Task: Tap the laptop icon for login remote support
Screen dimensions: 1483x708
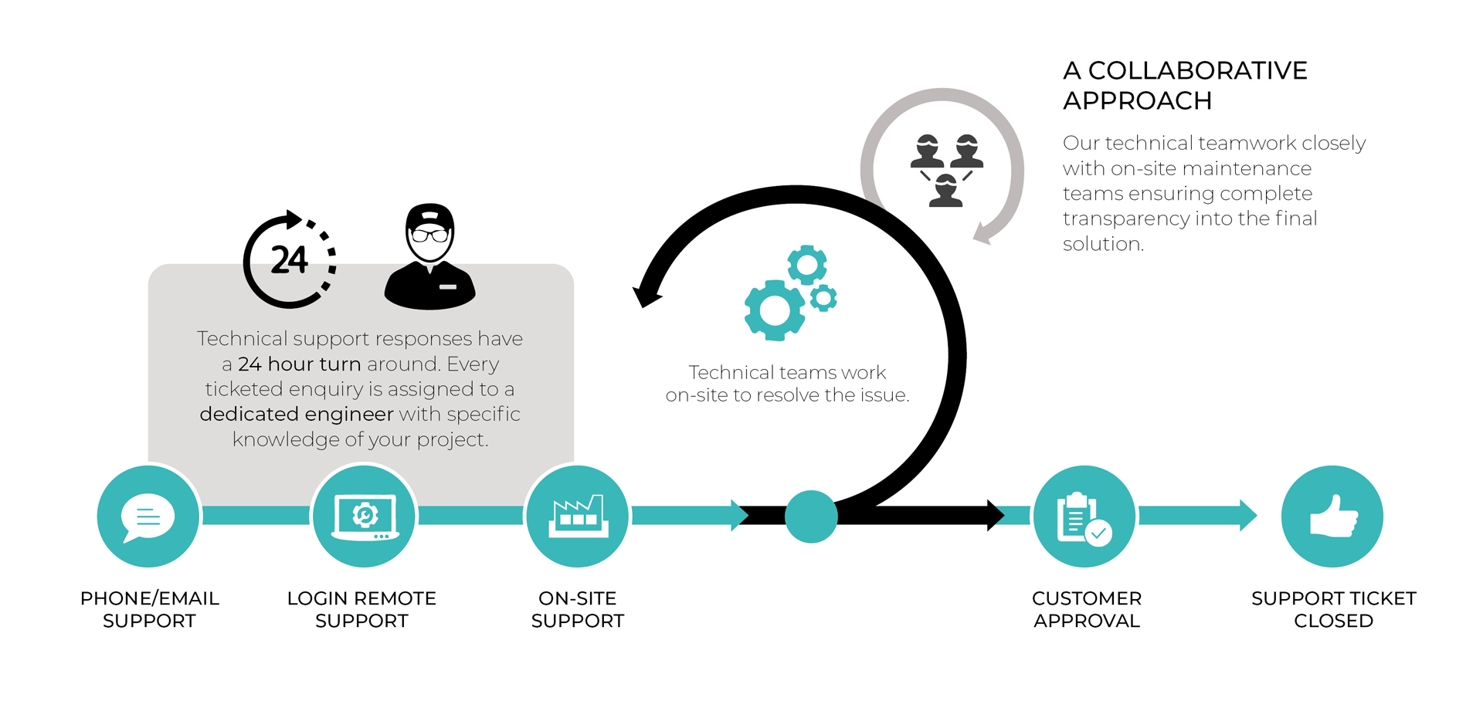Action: click(x=365, y=517)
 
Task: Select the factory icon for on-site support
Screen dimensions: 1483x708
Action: click(x=578, y=516)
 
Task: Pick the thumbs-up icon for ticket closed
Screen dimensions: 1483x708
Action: click(x=1333, y=516)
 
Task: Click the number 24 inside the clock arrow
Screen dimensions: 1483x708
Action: click(x=289, y=260)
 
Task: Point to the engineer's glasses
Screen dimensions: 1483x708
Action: click(x=429, y=235)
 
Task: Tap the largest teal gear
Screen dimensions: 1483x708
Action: click(x=774, y=310)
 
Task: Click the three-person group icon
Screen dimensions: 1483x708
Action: click(x=946, y=171)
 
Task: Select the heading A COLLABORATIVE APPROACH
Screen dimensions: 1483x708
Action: click(x=1185, y=86)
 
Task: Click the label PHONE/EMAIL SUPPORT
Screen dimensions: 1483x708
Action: click(x=150, y=609)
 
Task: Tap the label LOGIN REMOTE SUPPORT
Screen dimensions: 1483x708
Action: click(x=361, y=609)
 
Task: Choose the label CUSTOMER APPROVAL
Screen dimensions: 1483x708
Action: click(x=1087, y=609)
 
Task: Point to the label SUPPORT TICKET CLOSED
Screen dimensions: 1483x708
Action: click(x=1334, y=609)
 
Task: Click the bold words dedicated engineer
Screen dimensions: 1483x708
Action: click(x=297, y=415)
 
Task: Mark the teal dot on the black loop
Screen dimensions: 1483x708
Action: click(x=811, y=517)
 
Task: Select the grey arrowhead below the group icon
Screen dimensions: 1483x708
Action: click(x=982, y=233)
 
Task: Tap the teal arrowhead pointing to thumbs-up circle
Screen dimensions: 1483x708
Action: click(x=1248, y=516)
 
